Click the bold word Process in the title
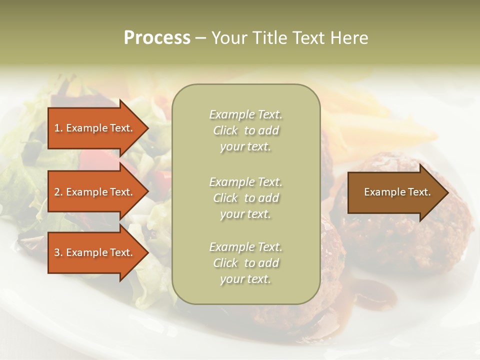click(157, 38)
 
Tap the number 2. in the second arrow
click(58, 192)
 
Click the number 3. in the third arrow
click(58, 252)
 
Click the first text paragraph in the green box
click(245, 130)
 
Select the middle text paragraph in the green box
click(245, 198)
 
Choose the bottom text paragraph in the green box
click(245, 263)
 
